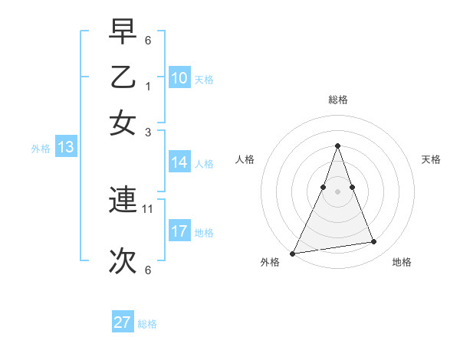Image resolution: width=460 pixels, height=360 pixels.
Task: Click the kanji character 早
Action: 123,33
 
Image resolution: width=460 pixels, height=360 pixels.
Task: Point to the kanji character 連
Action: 123,201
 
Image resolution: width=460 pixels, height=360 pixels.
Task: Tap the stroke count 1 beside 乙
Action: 148,86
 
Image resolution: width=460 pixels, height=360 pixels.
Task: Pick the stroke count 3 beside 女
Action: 148,131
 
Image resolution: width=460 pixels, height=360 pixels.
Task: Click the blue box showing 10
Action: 179,78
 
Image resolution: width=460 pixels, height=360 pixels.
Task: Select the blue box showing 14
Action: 179,162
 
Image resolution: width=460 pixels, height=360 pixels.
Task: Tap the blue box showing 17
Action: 179,231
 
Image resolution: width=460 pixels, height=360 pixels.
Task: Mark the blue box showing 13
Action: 66,148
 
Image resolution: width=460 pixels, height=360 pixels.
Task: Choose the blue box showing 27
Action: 123,322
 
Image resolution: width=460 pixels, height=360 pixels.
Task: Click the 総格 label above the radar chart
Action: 338,100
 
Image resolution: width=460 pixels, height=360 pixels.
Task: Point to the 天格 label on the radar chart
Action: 431,159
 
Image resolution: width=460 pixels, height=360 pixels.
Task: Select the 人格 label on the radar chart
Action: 245,159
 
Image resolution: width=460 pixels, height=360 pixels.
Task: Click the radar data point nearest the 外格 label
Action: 293,253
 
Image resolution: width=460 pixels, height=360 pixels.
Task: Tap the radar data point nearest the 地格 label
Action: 374,242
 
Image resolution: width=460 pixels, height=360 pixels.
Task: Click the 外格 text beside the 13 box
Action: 41,149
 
